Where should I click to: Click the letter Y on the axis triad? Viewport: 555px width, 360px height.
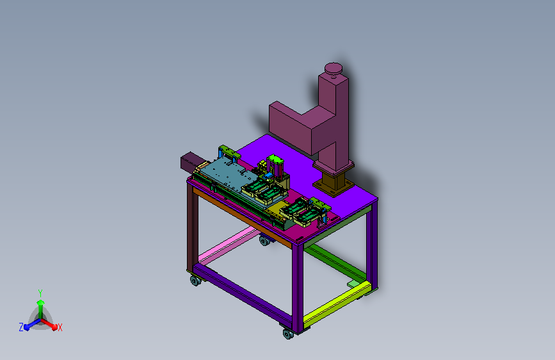[x=40, y=293]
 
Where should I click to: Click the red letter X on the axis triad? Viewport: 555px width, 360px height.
[x=60, y=327]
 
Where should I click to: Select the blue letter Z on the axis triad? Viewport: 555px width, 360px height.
[x=21, y=327]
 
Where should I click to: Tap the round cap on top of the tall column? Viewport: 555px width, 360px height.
[x=334, y=69]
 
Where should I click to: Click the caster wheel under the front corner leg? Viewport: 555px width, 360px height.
[x=288, y=334]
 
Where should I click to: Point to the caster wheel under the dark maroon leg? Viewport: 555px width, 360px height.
[x=195, y=281]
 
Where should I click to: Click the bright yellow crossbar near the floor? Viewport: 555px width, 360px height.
[x=337, y=304]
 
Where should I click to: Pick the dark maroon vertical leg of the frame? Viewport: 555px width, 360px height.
[x=192, y=227]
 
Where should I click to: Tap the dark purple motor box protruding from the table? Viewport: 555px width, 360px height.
[x=189, y=162]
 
